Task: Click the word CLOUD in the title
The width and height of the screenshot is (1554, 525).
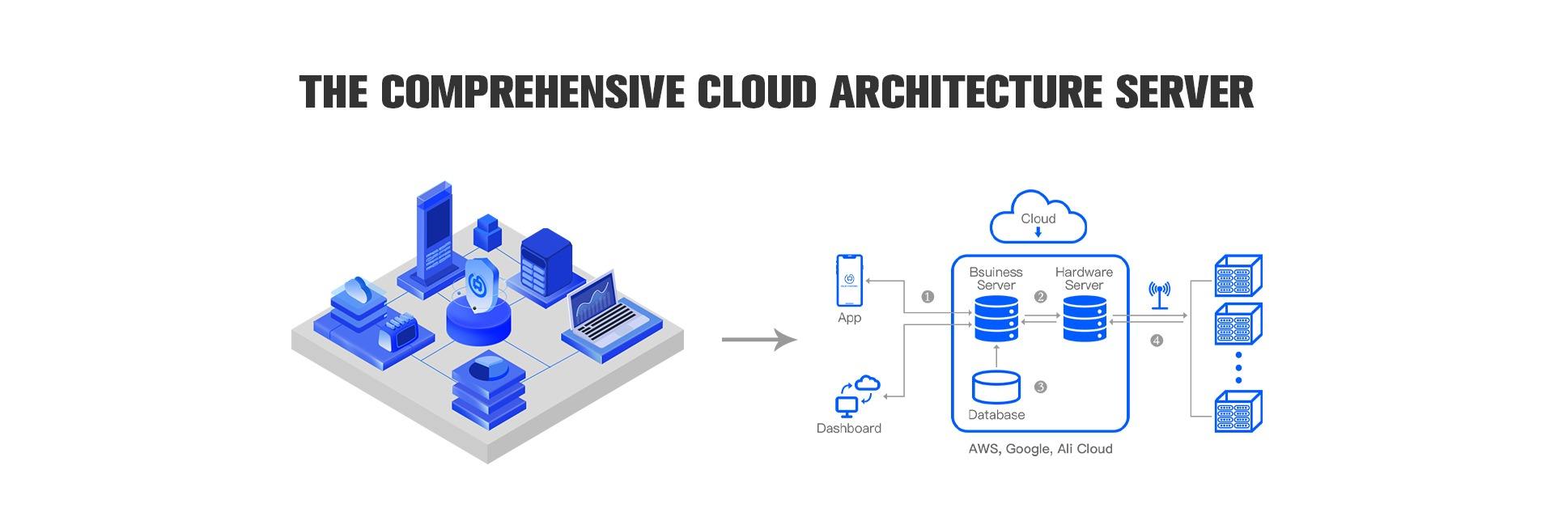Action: click(757, 91)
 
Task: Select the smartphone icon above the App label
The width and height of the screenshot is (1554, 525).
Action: click(849, 280)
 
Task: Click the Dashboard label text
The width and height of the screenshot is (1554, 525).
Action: click(848, 429)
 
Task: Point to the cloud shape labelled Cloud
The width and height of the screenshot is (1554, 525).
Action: click(1038, 217)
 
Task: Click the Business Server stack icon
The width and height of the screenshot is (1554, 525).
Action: click(996, 318)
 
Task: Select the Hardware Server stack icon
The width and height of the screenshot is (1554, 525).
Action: click(1085, 318)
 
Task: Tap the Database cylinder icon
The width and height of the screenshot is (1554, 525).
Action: click(996, 387)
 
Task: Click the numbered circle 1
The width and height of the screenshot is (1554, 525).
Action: click(928, 297)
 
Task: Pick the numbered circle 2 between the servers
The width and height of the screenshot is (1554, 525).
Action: click(1041, 297)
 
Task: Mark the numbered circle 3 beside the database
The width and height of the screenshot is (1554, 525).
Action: click(1041, 387)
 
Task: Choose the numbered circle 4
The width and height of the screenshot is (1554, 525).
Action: click(1157, 341)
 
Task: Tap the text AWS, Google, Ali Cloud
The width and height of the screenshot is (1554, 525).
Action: click(1040, 449)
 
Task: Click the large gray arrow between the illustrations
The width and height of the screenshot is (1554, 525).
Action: click(758, 340)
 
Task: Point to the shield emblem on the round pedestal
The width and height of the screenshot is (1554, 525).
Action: click(478, 285)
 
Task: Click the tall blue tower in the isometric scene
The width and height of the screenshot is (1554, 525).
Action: click(434, 231)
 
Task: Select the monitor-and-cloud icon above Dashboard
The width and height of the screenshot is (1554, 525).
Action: click(856, 394)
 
